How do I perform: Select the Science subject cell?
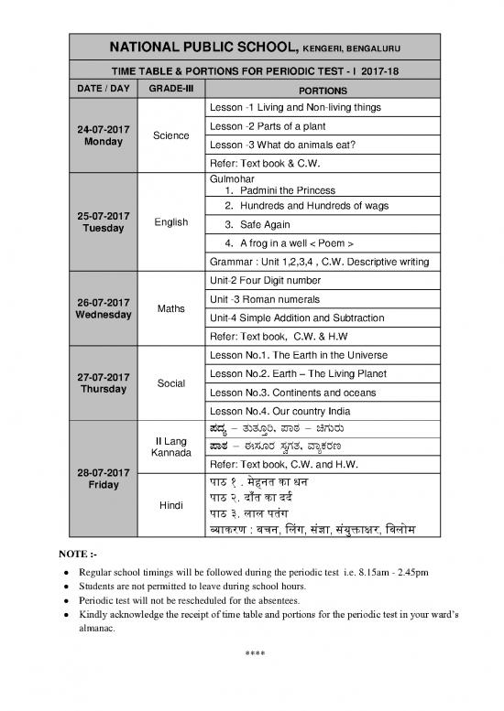pyautogui.click(x=171, y=135)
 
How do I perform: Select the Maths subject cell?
pyautogui.click(x=171, y=307)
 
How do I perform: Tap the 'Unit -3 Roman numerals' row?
pyautogui.click(x=265, y=299)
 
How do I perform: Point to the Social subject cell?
pyautogui.click(x=171, y=382)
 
